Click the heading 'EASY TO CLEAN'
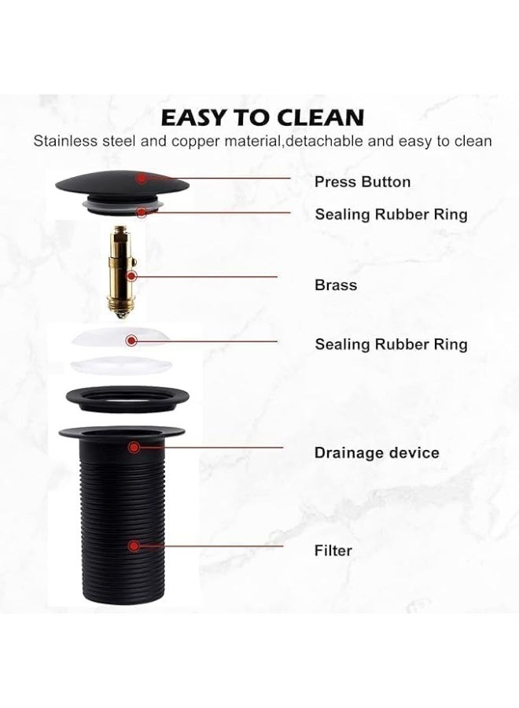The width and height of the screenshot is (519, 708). tap(262, 117)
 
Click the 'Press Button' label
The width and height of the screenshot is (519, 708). tap(363, 182)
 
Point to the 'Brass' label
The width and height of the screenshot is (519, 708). tap(336, 285)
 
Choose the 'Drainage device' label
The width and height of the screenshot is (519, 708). tap(377, 452)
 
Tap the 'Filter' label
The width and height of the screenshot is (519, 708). tap(333, 551)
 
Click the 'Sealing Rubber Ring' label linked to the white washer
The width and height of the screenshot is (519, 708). tap(391, 344)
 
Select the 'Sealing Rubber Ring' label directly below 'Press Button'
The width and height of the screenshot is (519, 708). tap(391, 214)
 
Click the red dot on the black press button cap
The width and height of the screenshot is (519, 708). tap(141, 179)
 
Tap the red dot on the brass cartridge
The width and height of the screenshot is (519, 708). tap(132, 276)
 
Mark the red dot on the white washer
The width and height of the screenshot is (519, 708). tap(131, 341)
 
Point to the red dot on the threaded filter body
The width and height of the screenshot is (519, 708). tap(134, 545)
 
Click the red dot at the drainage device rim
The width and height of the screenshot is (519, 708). tap(134, 447)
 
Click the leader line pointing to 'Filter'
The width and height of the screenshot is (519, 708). tap(212, 545)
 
